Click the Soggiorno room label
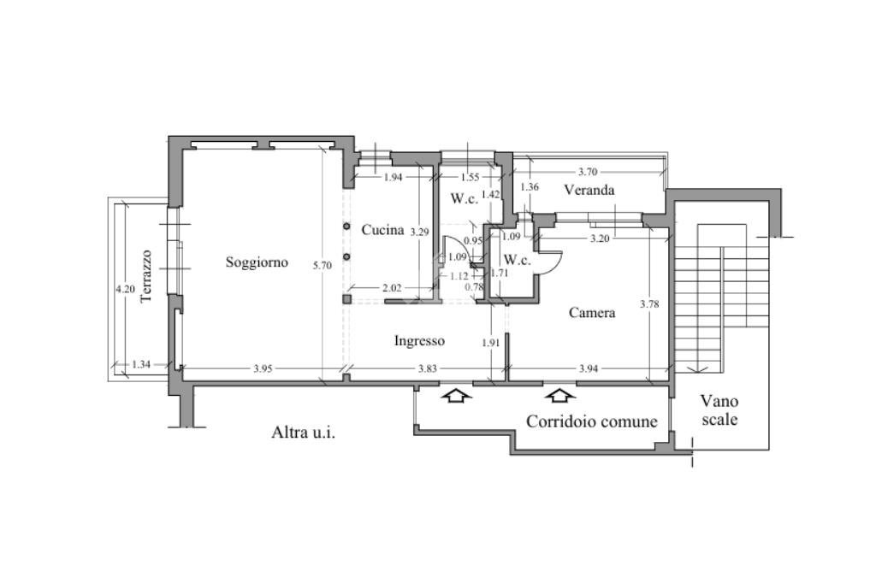point(257,262)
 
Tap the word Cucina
point(382,230)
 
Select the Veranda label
point(589,190)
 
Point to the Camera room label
point(592,313)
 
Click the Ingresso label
point(419,340)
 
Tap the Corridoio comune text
point(592,421)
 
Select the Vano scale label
point(719,410)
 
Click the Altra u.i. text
point(303,433)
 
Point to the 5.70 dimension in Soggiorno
point(322,266)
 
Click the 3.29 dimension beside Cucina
point(419,232)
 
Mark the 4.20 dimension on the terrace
point(125,289)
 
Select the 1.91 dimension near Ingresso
point(490,343)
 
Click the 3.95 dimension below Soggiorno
point(263,368)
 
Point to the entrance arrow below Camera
point(560,395)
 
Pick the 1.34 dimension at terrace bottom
point(142,365)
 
